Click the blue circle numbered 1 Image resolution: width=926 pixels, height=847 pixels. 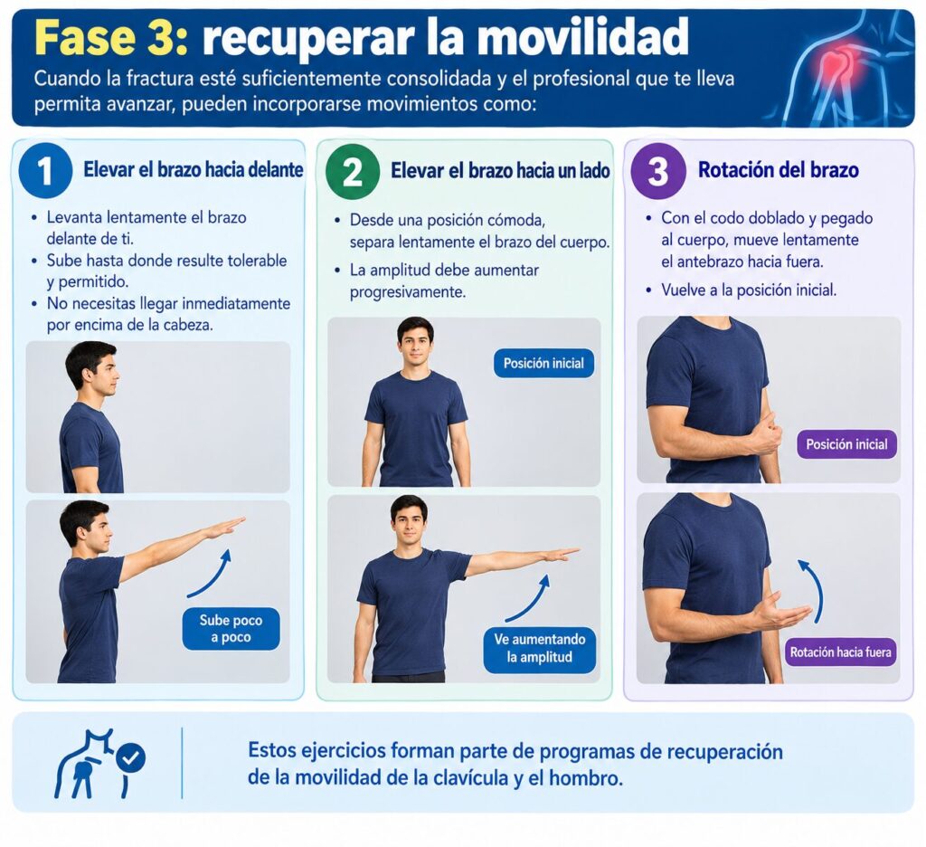pos(45,170)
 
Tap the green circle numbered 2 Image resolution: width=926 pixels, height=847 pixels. pos(352,171)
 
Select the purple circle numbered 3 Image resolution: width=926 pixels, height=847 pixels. pos(658,171)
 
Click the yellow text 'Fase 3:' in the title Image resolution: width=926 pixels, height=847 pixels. pos(111,37)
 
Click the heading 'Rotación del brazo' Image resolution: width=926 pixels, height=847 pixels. pos(779,170)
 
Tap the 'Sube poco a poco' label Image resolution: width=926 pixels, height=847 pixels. pos(231,629)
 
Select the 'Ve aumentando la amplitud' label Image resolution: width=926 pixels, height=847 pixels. pos(540,649)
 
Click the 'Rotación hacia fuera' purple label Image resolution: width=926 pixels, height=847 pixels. pos(840,652)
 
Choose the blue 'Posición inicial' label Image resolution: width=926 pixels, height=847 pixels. pos(543,363)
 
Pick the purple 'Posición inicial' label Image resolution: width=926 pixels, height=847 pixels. pos(846,444)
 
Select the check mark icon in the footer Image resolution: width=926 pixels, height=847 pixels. pos(130,758)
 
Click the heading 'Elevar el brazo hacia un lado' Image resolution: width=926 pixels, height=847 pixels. pos(500,171)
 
